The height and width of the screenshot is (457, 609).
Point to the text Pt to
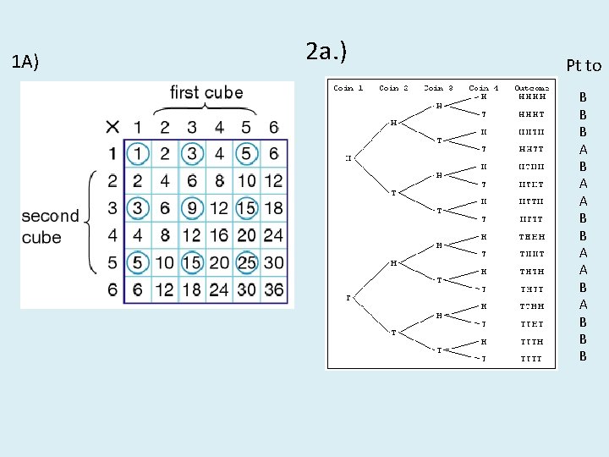coord(583,66)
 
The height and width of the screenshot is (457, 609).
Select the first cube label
coord(206,92)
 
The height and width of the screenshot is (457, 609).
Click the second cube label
coord(50,227)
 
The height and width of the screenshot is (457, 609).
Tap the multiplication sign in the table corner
coord(112,128)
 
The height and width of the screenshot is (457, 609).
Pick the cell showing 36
coord(273,289)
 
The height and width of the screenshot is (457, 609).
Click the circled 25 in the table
coord(246,262)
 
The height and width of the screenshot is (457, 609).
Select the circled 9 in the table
coord(192,208)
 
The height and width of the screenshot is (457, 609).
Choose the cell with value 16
coord(219,235)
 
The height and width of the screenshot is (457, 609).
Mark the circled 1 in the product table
coord(138,154)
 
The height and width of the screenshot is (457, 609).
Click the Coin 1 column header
coord(348,88)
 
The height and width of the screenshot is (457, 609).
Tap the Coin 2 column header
coord(394,88)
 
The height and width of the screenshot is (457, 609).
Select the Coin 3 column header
coord(439,88)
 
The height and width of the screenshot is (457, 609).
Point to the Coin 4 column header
coord(484,88)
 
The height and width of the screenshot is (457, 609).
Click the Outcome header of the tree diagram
coord(532,88)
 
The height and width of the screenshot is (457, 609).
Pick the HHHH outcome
coord(532,96)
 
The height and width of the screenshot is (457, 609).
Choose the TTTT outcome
coord(532,359)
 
